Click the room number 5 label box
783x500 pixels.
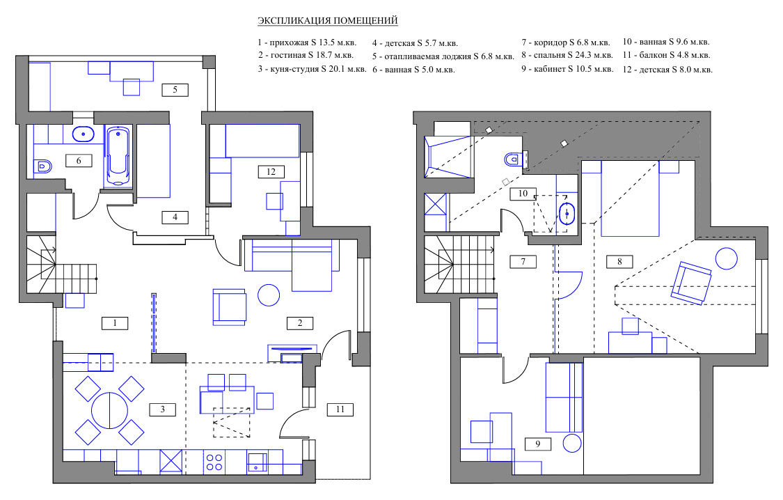(x=175, y=90)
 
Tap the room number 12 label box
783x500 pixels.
(x=271, y=172)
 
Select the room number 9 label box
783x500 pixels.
(x=538, y=444)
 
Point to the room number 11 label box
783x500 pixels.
(x=340, y=409)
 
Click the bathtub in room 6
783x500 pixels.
(x=118, y=157)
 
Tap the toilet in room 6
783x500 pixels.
(x=43, y=166)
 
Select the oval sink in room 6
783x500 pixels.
(x=84, y=134)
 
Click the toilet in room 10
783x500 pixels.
(x=514, y=159)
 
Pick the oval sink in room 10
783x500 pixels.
(x=567, y=214)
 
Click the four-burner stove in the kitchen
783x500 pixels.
(x=214, y=462)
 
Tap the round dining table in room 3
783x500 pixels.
(x=109, y=410)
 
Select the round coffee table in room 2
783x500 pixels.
(x=269, y=295)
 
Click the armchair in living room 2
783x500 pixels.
(x=229, y=307)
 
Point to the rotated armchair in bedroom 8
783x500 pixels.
(x=692, y=283)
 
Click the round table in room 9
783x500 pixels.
(x=572, y=443)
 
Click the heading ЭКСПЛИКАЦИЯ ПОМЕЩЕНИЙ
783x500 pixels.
(x=328, y=20)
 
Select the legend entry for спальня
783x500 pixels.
(x=567, y=55)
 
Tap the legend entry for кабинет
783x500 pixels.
(x=568, y=69)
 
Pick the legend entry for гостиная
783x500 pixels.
(x=306, y=55)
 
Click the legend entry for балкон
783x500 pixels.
(x=666, y=55)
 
